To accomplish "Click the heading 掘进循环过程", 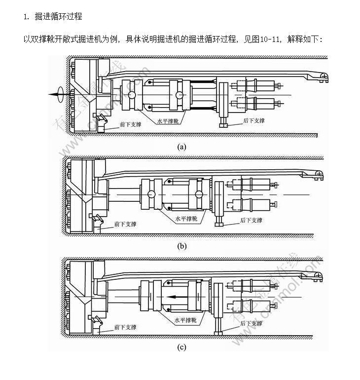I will click(x=58, y=17).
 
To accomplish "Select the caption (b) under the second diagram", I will click(x=182, y=245).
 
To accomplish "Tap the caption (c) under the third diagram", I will click(x=182, y=347).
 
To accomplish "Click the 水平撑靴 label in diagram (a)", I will click(x=168, y=120).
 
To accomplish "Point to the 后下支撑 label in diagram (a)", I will click(x=254, y=120).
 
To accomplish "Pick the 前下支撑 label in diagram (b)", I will click(x=125, y=224).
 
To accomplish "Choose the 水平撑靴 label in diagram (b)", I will click(x=186, y=218).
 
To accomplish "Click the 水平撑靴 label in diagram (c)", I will click(x=185, y=320).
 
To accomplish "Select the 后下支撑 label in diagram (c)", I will click(x=251, y=323).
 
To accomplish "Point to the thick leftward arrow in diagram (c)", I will click(x=180, y=297).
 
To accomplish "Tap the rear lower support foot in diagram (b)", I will click(x=218, y=225).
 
